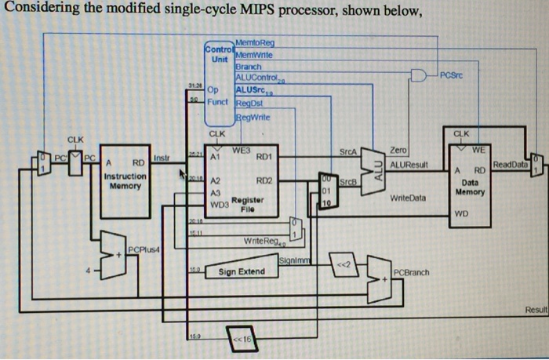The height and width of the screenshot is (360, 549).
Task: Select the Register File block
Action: click(244, 184)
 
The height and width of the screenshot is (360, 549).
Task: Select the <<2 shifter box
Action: click(343, 263)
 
